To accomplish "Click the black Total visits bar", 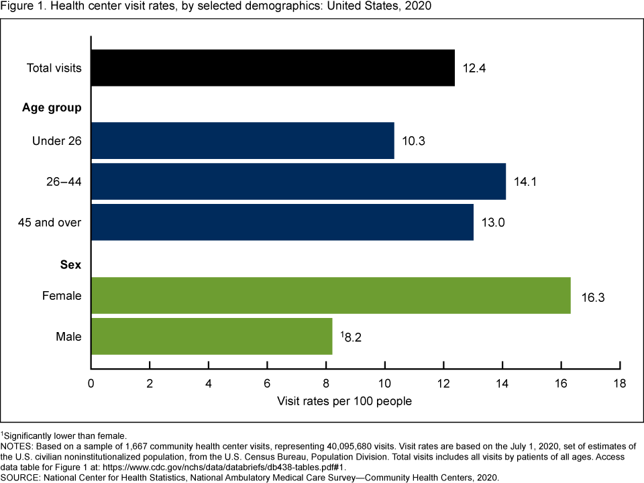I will (272, 68).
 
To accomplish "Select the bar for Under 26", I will (242, 141).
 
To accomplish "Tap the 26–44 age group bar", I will (298, 181).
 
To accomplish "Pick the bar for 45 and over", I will (282, 222).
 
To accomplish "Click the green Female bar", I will (330, 295).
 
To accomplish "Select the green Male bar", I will (211, 336).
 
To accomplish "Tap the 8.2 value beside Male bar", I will (352, 337).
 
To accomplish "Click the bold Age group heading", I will (52, 107).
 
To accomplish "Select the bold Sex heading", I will (70, 265).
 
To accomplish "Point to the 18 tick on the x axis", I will (619, 384).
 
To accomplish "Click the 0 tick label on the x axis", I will (91, 384).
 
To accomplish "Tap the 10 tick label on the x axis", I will (384, 384).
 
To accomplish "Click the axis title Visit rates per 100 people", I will (344, 401).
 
